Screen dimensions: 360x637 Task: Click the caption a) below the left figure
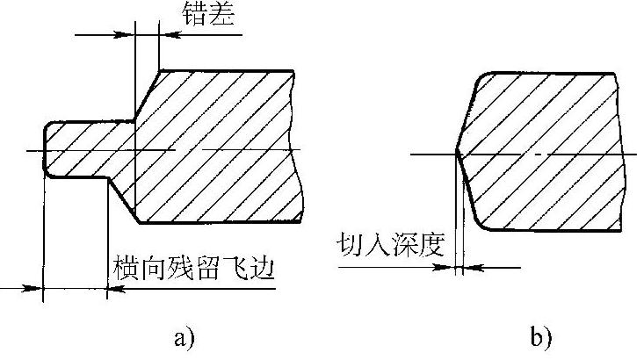(184, 335)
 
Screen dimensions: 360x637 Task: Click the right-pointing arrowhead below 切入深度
(448, 268)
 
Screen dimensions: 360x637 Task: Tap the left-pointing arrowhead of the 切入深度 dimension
(467, 268)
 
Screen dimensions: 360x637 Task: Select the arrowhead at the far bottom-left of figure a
(35, 287)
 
